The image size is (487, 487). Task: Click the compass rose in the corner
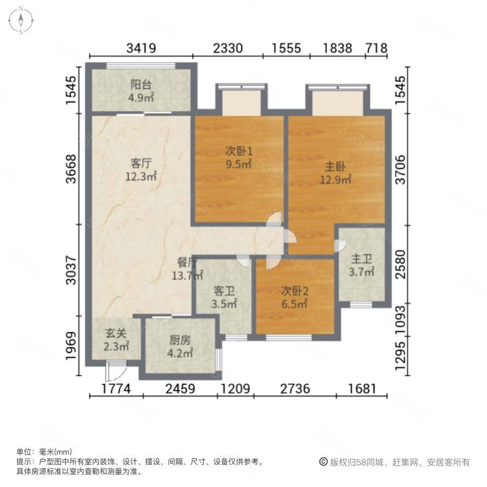click(x=21, y=20)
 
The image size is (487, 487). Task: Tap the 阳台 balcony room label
click(x=141, y=84)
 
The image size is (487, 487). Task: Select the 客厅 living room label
click(x=141, y=163)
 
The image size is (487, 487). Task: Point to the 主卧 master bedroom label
click(x=335, y=167)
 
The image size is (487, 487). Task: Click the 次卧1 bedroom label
click(x=239, y=151)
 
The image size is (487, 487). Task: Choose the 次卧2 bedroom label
click(x=295, y=291)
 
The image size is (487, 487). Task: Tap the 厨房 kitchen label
click(x=180, y=340)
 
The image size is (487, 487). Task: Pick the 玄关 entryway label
click(x=116, y=333)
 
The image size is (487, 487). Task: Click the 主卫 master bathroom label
click(x=361, y=259)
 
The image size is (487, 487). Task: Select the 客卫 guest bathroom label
click(x=224, y=291)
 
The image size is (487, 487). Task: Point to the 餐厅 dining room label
click(x=187, y=263)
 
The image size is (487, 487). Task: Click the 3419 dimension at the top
click(x=141, y=48)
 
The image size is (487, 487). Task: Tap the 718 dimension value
click(x=377, y=48)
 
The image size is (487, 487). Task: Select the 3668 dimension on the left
click(x=71, y=169)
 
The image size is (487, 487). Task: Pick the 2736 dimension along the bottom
click(x=295, y=389)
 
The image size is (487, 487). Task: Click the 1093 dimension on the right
click(x=400, y=320)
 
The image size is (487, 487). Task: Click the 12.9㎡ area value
click(x=335, y=180)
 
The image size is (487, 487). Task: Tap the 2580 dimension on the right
click(x=400, y=264)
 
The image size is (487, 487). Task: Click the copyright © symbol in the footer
click(x=324, y=462)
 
